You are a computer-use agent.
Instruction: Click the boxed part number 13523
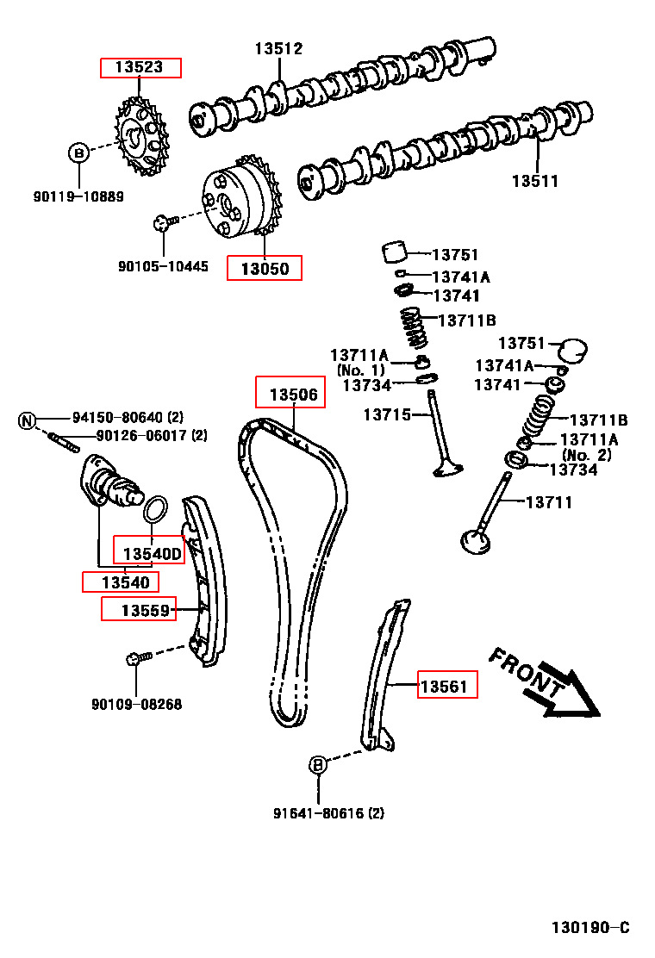[x=140, y=67]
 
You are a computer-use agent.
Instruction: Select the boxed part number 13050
[x=265, y=268]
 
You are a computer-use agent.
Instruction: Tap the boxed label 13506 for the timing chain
[x=291, y=395]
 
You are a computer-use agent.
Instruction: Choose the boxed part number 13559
[x=139, y=610]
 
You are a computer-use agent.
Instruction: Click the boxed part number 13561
[x=447, y=686]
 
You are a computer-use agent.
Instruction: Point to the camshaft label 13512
[x=278, y=49]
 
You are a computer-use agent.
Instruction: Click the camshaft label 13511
[x=534, y=181]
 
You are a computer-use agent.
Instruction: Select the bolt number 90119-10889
[x=78, y=196]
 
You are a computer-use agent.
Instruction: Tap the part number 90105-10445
[x=163, y=266]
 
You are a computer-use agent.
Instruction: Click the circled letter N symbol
[x=27, y=420]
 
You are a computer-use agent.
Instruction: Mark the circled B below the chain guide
[x=317, y=764]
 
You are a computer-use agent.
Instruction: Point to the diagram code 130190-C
[x=590, y=928]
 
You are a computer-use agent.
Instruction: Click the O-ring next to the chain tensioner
[x=153, y=509]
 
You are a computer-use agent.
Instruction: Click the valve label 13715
[x=384, y=414]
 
